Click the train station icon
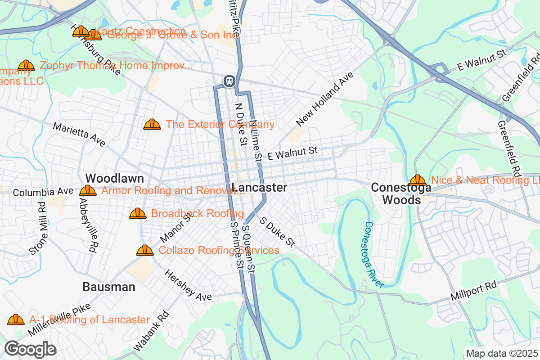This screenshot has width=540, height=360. click(229, 81)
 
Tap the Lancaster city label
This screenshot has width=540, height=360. click(260, 188)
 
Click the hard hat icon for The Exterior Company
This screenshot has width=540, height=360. click(152, 124)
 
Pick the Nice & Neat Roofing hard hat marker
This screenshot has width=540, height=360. click(418, 180)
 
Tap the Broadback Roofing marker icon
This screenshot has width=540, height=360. click(138, 213)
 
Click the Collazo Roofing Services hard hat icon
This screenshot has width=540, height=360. click(145, 250)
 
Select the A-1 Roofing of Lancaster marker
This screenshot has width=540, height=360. click(16, 319)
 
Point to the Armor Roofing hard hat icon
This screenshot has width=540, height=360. click(88, 190)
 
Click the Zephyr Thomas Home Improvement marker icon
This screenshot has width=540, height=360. click(26, 65)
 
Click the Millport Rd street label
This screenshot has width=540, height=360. click(473, 292)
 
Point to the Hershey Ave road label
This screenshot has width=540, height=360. click(188, 285)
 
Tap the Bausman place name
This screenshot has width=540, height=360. click(109, 287)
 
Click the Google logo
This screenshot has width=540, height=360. click(31, 349)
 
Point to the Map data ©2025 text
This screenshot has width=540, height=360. click(501, 353)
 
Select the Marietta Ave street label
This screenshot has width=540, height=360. click(79, 134)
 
